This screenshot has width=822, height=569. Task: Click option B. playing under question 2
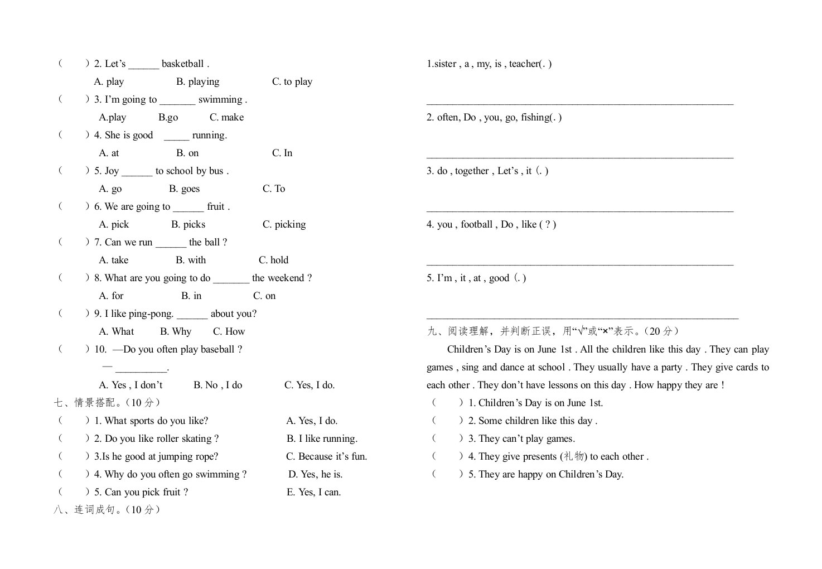coord(198,81)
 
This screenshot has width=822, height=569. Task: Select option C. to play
coord(292,81)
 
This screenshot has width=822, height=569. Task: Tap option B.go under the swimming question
coord(168,117)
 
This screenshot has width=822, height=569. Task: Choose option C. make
coord(226,117)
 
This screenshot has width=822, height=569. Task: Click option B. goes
coord(185,189)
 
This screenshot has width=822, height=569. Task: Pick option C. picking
coord(284,224)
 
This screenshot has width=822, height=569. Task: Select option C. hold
coord(273,260)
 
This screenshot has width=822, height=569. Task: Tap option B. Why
coord(176,331)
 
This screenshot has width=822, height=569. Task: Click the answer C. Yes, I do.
coord(310,385)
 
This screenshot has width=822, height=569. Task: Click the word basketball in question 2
coord(182,64)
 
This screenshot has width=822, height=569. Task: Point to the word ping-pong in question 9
coord(151,314)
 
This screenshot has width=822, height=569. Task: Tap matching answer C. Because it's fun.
coord(327,456)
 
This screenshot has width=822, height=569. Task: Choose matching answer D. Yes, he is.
coord(316,474)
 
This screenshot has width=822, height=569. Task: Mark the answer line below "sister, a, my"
coord(580,103)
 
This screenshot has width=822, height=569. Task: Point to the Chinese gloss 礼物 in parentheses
coord(573,456)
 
